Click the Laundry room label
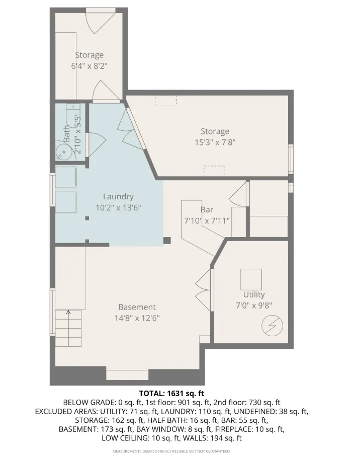[118, 197]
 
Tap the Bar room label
[207, 209]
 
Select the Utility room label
[253, 294]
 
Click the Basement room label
[137, 307]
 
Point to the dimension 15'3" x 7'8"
[215, 142]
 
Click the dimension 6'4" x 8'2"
[89, 65]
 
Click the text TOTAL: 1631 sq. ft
[171, 393]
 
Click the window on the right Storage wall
[291, 158]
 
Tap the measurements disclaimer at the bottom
[171, 451]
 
